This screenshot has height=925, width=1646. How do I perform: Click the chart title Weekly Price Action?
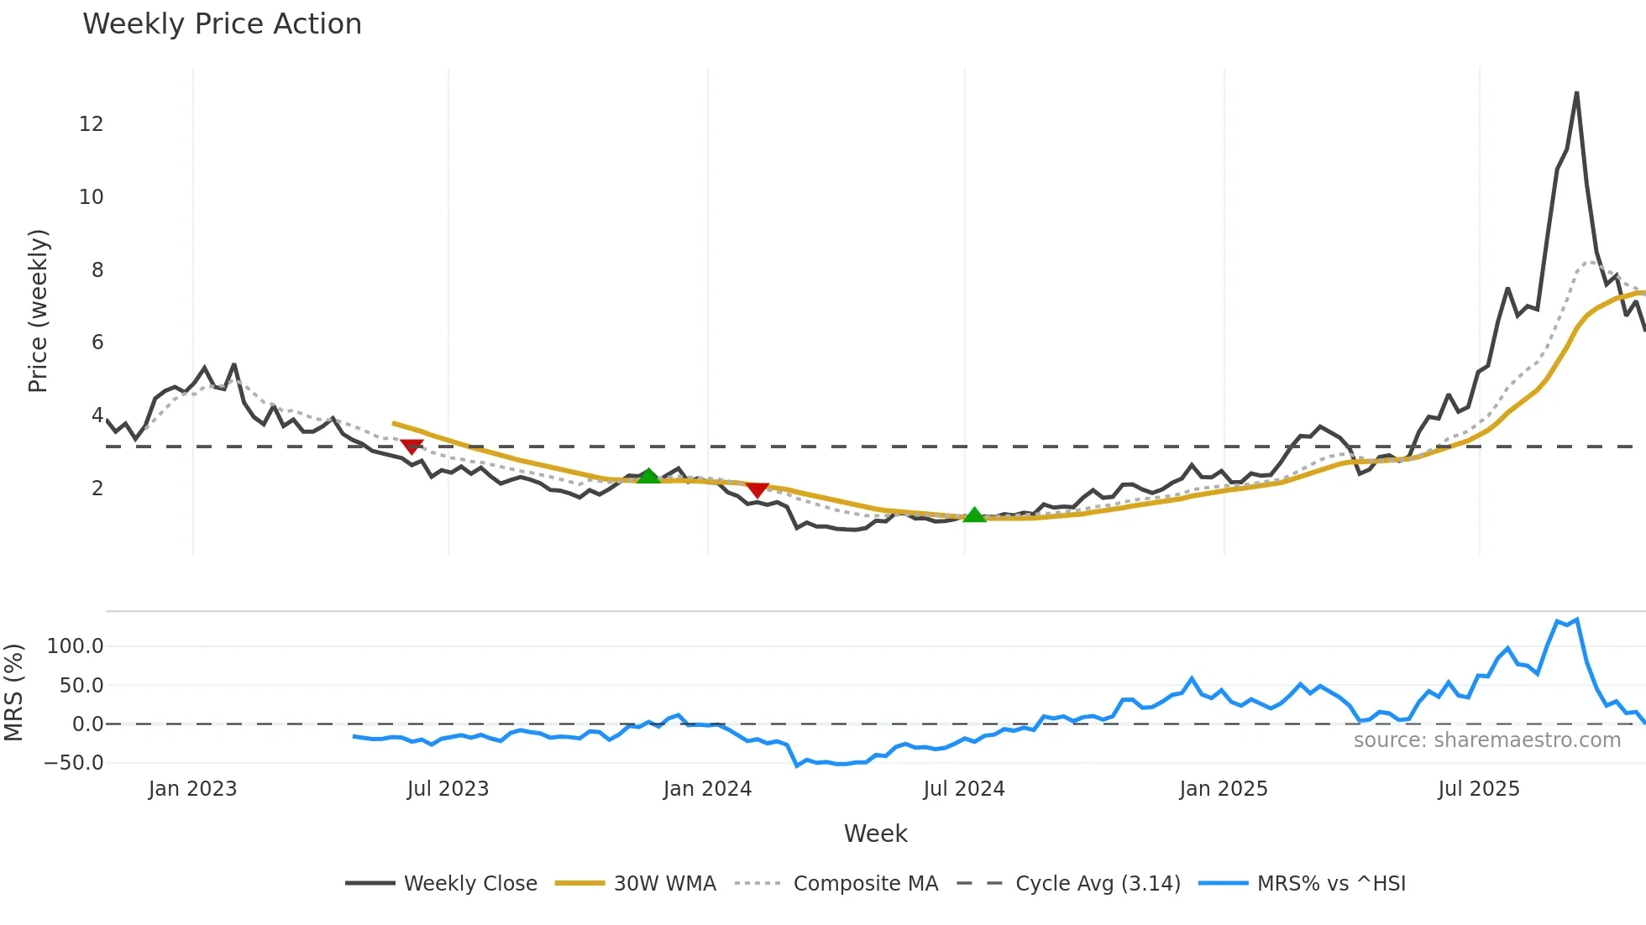222,24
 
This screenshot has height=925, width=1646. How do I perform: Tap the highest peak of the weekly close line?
1576,93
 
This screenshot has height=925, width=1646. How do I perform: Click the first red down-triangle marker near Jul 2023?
411,447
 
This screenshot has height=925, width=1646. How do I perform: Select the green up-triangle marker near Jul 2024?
974,515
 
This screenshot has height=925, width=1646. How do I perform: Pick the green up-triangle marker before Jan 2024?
648,476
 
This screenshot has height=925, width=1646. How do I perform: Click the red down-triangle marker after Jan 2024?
757,489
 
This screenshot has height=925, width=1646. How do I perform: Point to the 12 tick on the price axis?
91,124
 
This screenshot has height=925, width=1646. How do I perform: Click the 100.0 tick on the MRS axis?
75,646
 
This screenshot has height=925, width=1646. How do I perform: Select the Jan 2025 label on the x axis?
1223,789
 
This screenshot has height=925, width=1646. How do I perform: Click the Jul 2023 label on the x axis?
448,789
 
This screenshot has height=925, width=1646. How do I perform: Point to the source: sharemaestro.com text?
1486,740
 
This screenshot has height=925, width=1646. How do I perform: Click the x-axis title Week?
875,834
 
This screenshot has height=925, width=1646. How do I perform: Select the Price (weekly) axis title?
38,311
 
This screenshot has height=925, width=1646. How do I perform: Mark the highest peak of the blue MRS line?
1577,619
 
